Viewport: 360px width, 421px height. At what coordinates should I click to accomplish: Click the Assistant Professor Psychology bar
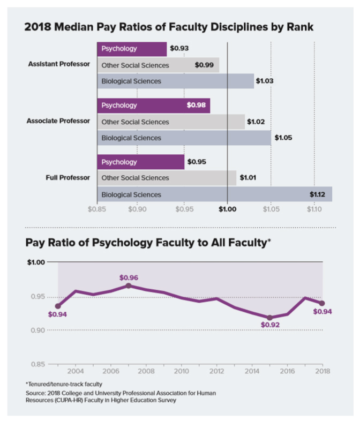132,49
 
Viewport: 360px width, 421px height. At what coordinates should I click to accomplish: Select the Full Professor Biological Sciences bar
214,194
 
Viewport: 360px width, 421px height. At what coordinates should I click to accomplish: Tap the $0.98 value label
196,105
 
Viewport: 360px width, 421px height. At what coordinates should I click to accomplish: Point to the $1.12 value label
317,194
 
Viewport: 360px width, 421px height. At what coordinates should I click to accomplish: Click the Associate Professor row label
58,121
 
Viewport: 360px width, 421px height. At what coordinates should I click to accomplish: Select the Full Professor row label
67,177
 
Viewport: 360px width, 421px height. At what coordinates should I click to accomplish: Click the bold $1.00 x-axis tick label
227,209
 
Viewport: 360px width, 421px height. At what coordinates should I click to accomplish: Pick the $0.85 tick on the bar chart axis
97,209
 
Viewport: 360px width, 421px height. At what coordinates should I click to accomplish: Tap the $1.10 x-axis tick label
314,209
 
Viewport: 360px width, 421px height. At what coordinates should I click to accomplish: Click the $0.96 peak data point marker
129,285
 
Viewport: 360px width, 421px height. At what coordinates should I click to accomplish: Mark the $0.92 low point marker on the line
270,318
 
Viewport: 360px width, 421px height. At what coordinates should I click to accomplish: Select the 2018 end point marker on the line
322,303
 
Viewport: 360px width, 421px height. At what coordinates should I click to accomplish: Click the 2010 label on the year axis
182,371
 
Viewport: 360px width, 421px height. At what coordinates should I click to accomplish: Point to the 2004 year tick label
76,371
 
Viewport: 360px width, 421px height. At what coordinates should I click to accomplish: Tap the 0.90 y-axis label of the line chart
38,330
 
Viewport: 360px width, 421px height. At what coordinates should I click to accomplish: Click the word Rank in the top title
300,27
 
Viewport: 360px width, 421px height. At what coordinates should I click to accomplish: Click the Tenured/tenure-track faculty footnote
64,384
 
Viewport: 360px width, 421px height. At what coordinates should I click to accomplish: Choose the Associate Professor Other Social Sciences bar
171,122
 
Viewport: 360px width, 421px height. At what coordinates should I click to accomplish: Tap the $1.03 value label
265,81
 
